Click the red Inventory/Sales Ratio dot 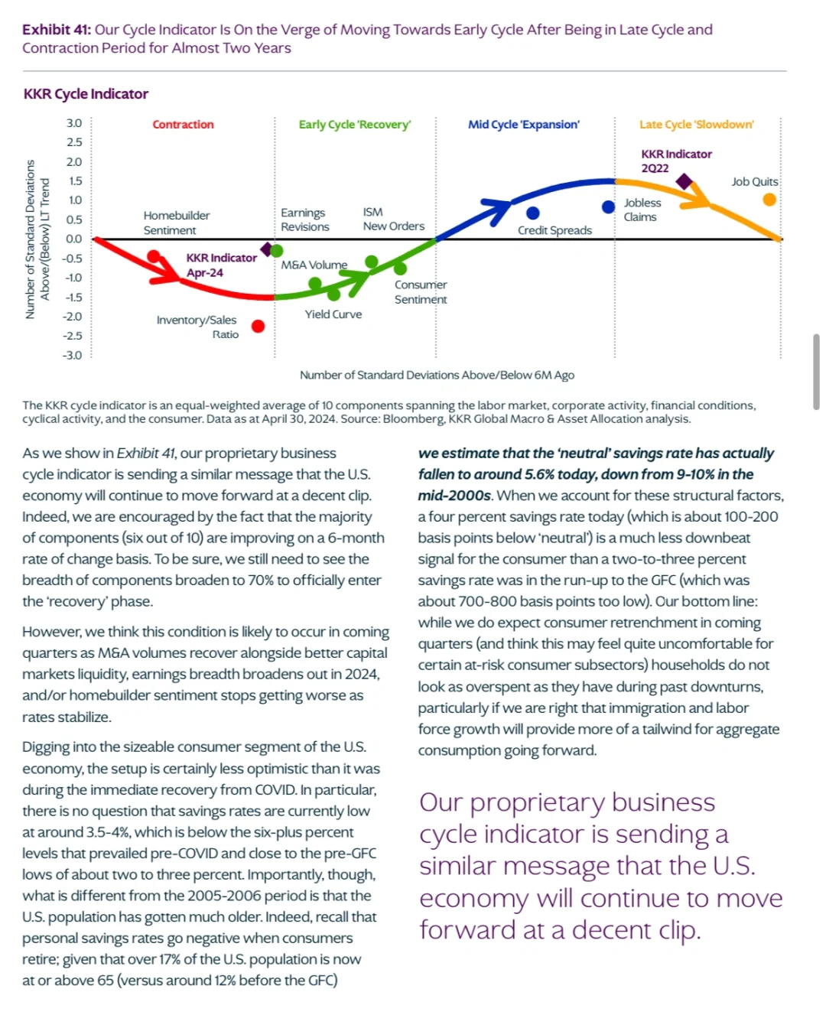(x=258, y=326)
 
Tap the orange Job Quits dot (x=769, y=199)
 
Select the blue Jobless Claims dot (x=608, y=207)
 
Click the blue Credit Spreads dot (x=532, y=213)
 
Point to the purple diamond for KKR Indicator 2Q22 (x=684, y=181)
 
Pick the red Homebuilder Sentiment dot (x=154, y=256)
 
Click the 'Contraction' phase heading (x=183, y=125)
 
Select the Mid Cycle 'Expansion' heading (x=523, y=125)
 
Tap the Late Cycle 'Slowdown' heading (x=697, y=125)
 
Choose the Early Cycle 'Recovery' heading (x=354, y=125)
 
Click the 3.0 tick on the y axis (x=74, y=123)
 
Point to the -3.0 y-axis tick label (x=72, y=355)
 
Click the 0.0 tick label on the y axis (x=74, y=239)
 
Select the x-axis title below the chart (x=437, y=375)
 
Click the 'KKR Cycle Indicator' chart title (x=86, y=94)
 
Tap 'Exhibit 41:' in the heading (x=57, y=30)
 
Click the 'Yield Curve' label (x=333, y=314)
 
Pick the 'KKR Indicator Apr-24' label (x=221, y=265)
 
